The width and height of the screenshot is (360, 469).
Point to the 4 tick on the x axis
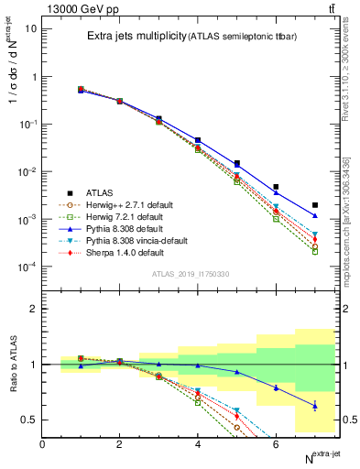coord(198,444)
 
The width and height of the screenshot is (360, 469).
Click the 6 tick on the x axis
coord(276,444)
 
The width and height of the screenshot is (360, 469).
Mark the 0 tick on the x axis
coord(42,444)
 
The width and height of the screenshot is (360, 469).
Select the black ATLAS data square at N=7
coord(314,205)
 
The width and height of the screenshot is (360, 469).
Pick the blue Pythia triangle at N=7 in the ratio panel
coord(314,406)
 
